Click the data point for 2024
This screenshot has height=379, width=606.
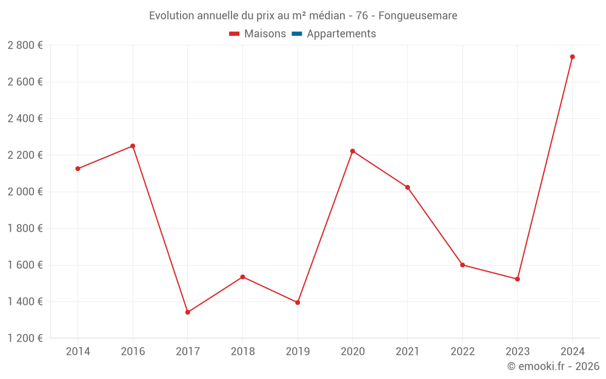[572, 57]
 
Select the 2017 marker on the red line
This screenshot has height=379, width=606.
[188, 312]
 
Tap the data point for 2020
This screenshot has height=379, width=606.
[353, 151]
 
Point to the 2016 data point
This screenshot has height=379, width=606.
[133, 146]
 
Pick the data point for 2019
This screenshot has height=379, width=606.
[298, 303]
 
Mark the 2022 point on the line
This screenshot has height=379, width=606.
[462, 265]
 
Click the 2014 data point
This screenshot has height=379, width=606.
[78, 169]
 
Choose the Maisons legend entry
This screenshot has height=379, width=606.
[265, 34]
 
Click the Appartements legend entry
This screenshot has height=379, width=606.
[341, 34]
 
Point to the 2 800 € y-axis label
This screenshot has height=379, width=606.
[25, 45]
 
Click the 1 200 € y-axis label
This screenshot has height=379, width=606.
[25, 338]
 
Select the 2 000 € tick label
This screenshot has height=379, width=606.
[25, 192]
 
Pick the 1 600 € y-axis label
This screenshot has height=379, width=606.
[25, 265]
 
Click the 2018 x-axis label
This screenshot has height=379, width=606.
[242, 352]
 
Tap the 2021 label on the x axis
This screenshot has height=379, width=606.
[407, 352]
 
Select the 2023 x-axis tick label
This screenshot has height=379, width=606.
[517, 352]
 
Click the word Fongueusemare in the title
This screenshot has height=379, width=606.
[418, 15]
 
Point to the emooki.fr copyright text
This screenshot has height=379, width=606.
[553, 366]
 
